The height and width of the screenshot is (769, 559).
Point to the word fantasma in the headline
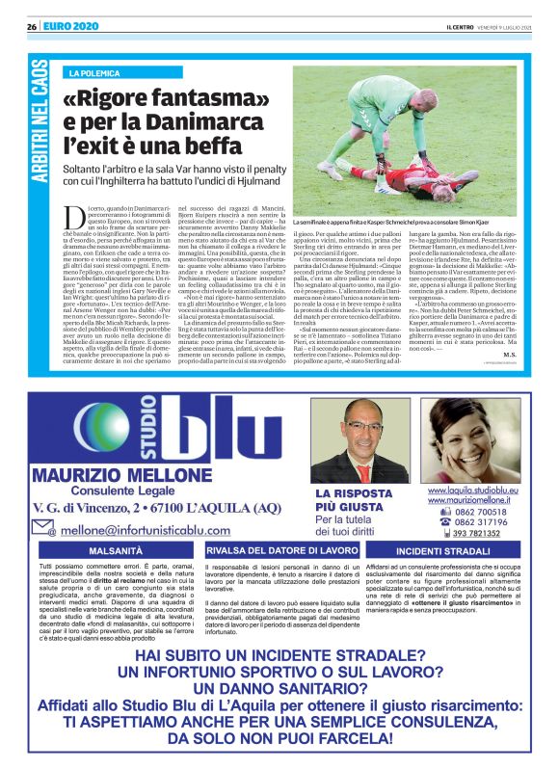pos(207,97)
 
